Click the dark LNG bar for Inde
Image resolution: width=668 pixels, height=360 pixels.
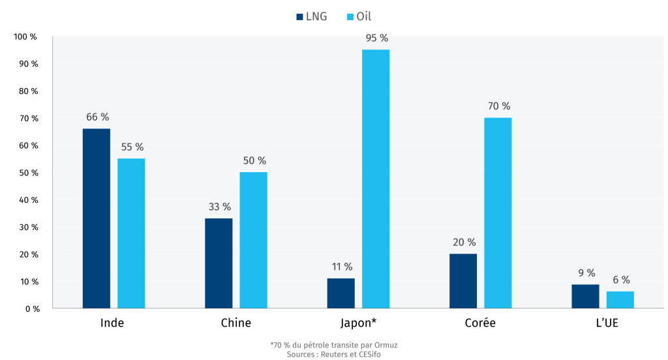96,218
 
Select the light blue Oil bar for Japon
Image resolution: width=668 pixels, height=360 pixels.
375,179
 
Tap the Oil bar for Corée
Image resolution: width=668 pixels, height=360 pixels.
498,213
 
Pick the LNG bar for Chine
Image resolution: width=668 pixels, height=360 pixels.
219,263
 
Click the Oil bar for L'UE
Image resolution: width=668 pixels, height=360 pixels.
620,300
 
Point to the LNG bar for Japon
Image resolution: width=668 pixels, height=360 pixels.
341,293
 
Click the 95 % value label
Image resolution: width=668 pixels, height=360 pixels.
377,38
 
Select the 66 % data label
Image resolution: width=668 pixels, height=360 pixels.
97,117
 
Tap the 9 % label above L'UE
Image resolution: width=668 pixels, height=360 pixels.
586,273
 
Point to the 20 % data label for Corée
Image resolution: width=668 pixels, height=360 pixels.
464,242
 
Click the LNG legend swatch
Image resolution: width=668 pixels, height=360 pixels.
299,16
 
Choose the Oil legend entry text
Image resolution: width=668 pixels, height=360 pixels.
363,16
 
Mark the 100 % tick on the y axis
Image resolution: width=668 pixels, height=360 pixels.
25,37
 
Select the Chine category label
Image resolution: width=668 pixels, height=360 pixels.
235,323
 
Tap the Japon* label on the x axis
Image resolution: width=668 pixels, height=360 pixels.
358,323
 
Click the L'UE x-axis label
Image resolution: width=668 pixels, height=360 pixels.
603,323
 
